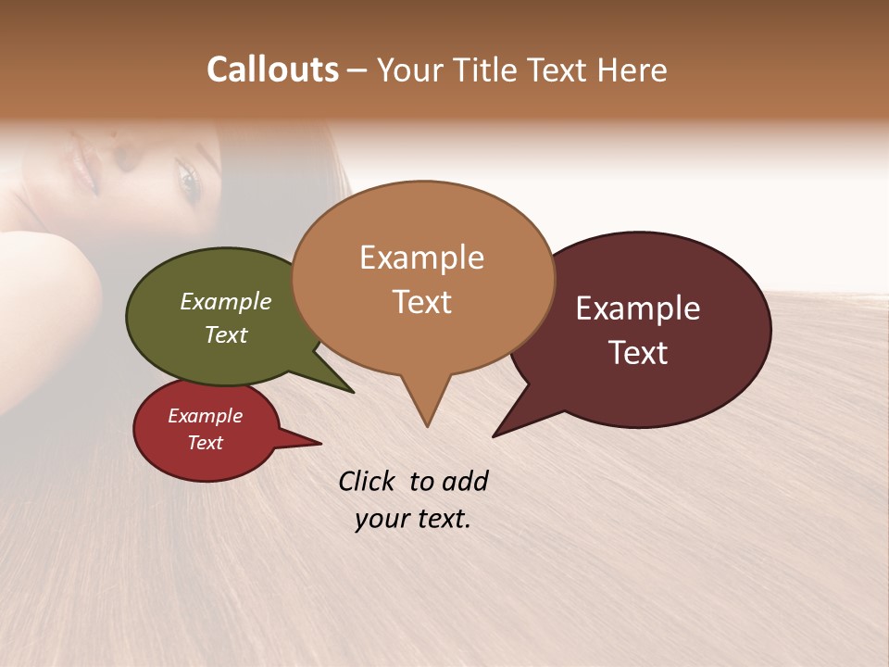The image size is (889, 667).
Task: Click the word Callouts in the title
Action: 272,69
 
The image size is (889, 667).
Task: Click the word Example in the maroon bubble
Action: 638,308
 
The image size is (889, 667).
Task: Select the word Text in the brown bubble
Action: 422,302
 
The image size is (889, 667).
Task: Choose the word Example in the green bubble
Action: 225,302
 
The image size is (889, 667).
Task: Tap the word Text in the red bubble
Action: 206,443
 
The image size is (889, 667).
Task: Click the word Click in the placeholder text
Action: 368,481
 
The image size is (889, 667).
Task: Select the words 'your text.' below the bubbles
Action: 413,519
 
